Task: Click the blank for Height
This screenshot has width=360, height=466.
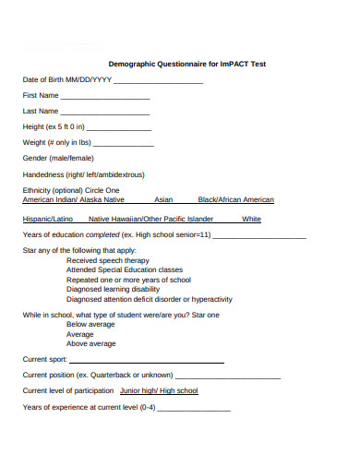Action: click(119, 127)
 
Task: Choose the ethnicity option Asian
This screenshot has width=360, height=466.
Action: click(163, 199)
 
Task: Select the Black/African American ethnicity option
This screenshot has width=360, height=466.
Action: click(235, 199)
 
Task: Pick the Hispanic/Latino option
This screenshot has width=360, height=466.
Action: click(47, 220)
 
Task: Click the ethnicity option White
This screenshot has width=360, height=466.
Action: click(251, 220)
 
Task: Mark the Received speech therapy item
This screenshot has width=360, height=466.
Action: click(109, 260)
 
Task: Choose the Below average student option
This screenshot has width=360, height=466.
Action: click(90, 325)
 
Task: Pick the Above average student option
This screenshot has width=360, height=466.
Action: click(90, 343)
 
